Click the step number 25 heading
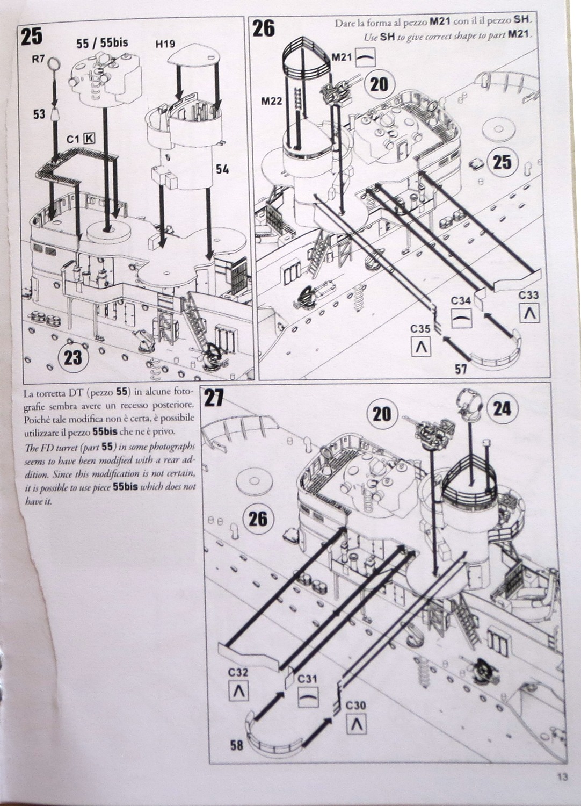[32, 37]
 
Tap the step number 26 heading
[264, 28]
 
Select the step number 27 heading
[214, 398]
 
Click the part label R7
[38, 59]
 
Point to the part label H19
[165, 44]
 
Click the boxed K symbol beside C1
[89, 139]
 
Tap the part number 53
[39, 114]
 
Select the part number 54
[222, 169]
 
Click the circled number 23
[73, 357]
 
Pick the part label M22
[272, 102]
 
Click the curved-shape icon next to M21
[365, 57]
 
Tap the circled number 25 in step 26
[502, 162]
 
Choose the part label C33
[528, 295]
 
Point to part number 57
[461, 369]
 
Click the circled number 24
[502, 409]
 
